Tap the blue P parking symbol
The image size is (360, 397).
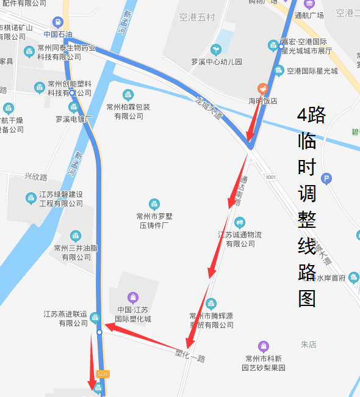point(326,178)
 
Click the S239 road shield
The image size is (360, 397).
point(103,374)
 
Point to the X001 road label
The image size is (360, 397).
point(270,177)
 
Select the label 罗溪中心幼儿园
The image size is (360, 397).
point(217,62)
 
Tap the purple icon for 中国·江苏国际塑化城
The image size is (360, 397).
point(133,297)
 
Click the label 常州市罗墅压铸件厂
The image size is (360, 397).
point(154,220)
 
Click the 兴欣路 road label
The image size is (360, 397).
point(35,177)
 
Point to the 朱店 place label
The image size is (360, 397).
point(308,344)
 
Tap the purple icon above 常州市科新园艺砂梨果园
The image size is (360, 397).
point(263,346)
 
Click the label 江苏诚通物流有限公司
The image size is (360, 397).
point(240,239)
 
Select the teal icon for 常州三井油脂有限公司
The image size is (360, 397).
point(75,236)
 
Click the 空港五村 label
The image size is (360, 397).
point(196,17)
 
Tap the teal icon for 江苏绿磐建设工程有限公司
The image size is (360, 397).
point(31,198)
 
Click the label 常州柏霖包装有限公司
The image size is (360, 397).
point(128,111)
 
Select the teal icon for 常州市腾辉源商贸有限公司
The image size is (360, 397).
point(211,304)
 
